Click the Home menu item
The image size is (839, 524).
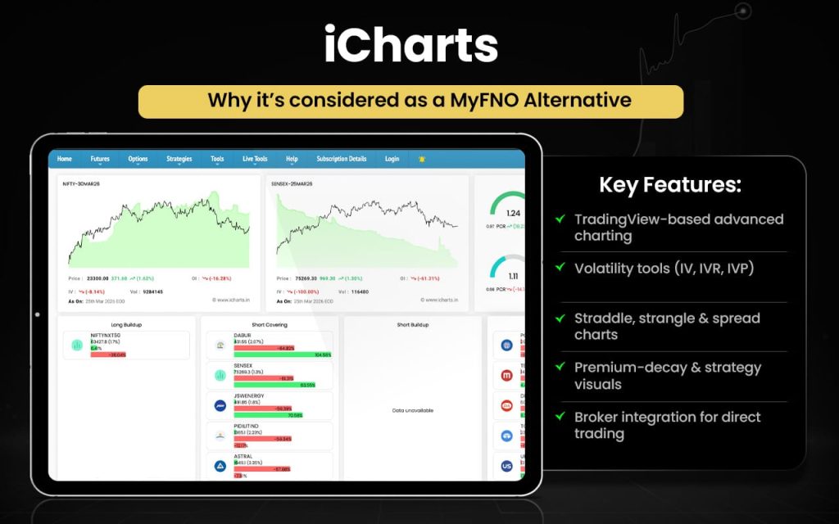(x=64, y=159)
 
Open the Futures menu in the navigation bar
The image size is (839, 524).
(x=100, y=159)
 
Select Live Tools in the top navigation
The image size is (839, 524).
(x=255, y=159)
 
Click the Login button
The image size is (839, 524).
(x=392, y=159)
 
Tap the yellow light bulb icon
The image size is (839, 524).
(x=422, y=159)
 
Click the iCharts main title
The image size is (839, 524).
(x=410, y=46)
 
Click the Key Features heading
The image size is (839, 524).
(x=670, y=184)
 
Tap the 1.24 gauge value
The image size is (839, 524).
(x=512, y=213)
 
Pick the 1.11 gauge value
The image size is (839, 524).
(x=512, y=277)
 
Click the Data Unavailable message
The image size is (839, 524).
(x=413, y=410)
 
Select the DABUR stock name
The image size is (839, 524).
(x=243, y=335)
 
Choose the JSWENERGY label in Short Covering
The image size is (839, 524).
(x=251, y=395)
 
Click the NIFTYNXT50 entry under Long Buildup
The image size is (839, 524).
(x=104, y=335)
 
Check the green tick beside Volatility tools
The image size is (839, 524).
(x=560, y=268)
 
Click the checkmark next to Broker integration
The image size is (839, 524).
(x=560, y=417)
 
